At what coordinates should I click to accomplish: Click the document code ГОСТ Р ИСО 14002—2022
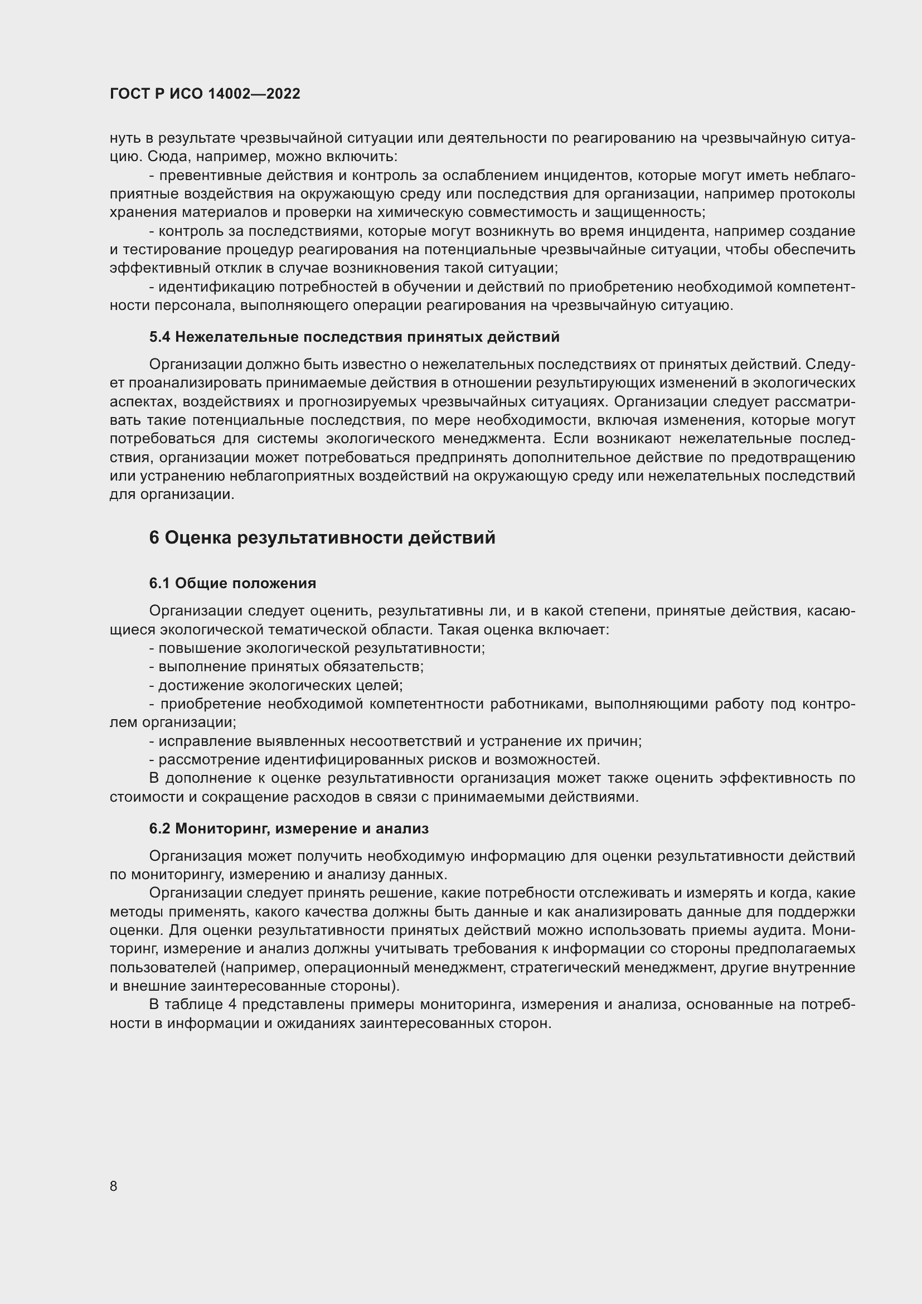(x=205, y=94)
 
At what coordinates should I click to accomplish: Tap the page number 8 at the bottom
(x=114, y=1186)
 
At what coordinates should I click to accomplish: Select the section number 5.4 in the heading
(x=159, y=337)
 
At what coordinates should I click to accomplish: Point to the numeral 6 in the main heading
(x=154, y=538)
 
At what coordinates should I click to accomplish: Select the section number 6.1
(x=159, y=583)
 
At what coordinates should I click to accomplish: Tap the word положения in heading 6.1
(x=281, y=583)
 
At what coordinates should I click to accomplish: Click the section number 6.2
(x=159, y=828)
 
